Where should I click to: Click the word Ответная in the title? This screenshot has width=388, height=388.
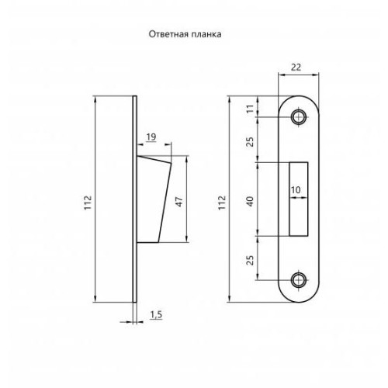pyautogui.click(x=167, y=35)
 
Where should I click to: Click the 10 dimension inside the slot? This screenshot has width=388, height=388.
pyautogui.click(x=296, y=190)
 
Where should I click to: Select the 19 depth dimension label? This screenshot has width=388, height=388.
pyautogui.click(x=151, y=137)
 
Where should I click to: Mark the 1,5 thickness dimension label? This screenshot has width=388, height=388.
pyautogui.click(x=156, y=314)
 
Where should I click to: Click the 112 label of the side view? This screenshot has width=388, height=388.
pyautogui.click(x=88, y=199)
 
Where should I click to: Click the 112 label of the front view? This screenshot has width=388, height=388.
pyautogui.click(x=223, y=199)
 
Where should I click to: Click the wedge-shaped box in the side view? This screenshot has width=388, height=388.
pyautogui.click(x=154, y=198)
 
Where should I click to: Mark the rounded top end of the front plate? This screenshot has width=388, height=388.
pyautogui.click(x=298, y=99)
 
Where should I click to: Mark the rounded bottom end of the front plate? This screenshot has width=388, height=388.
pyautogui.click(x=298, y=298)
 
